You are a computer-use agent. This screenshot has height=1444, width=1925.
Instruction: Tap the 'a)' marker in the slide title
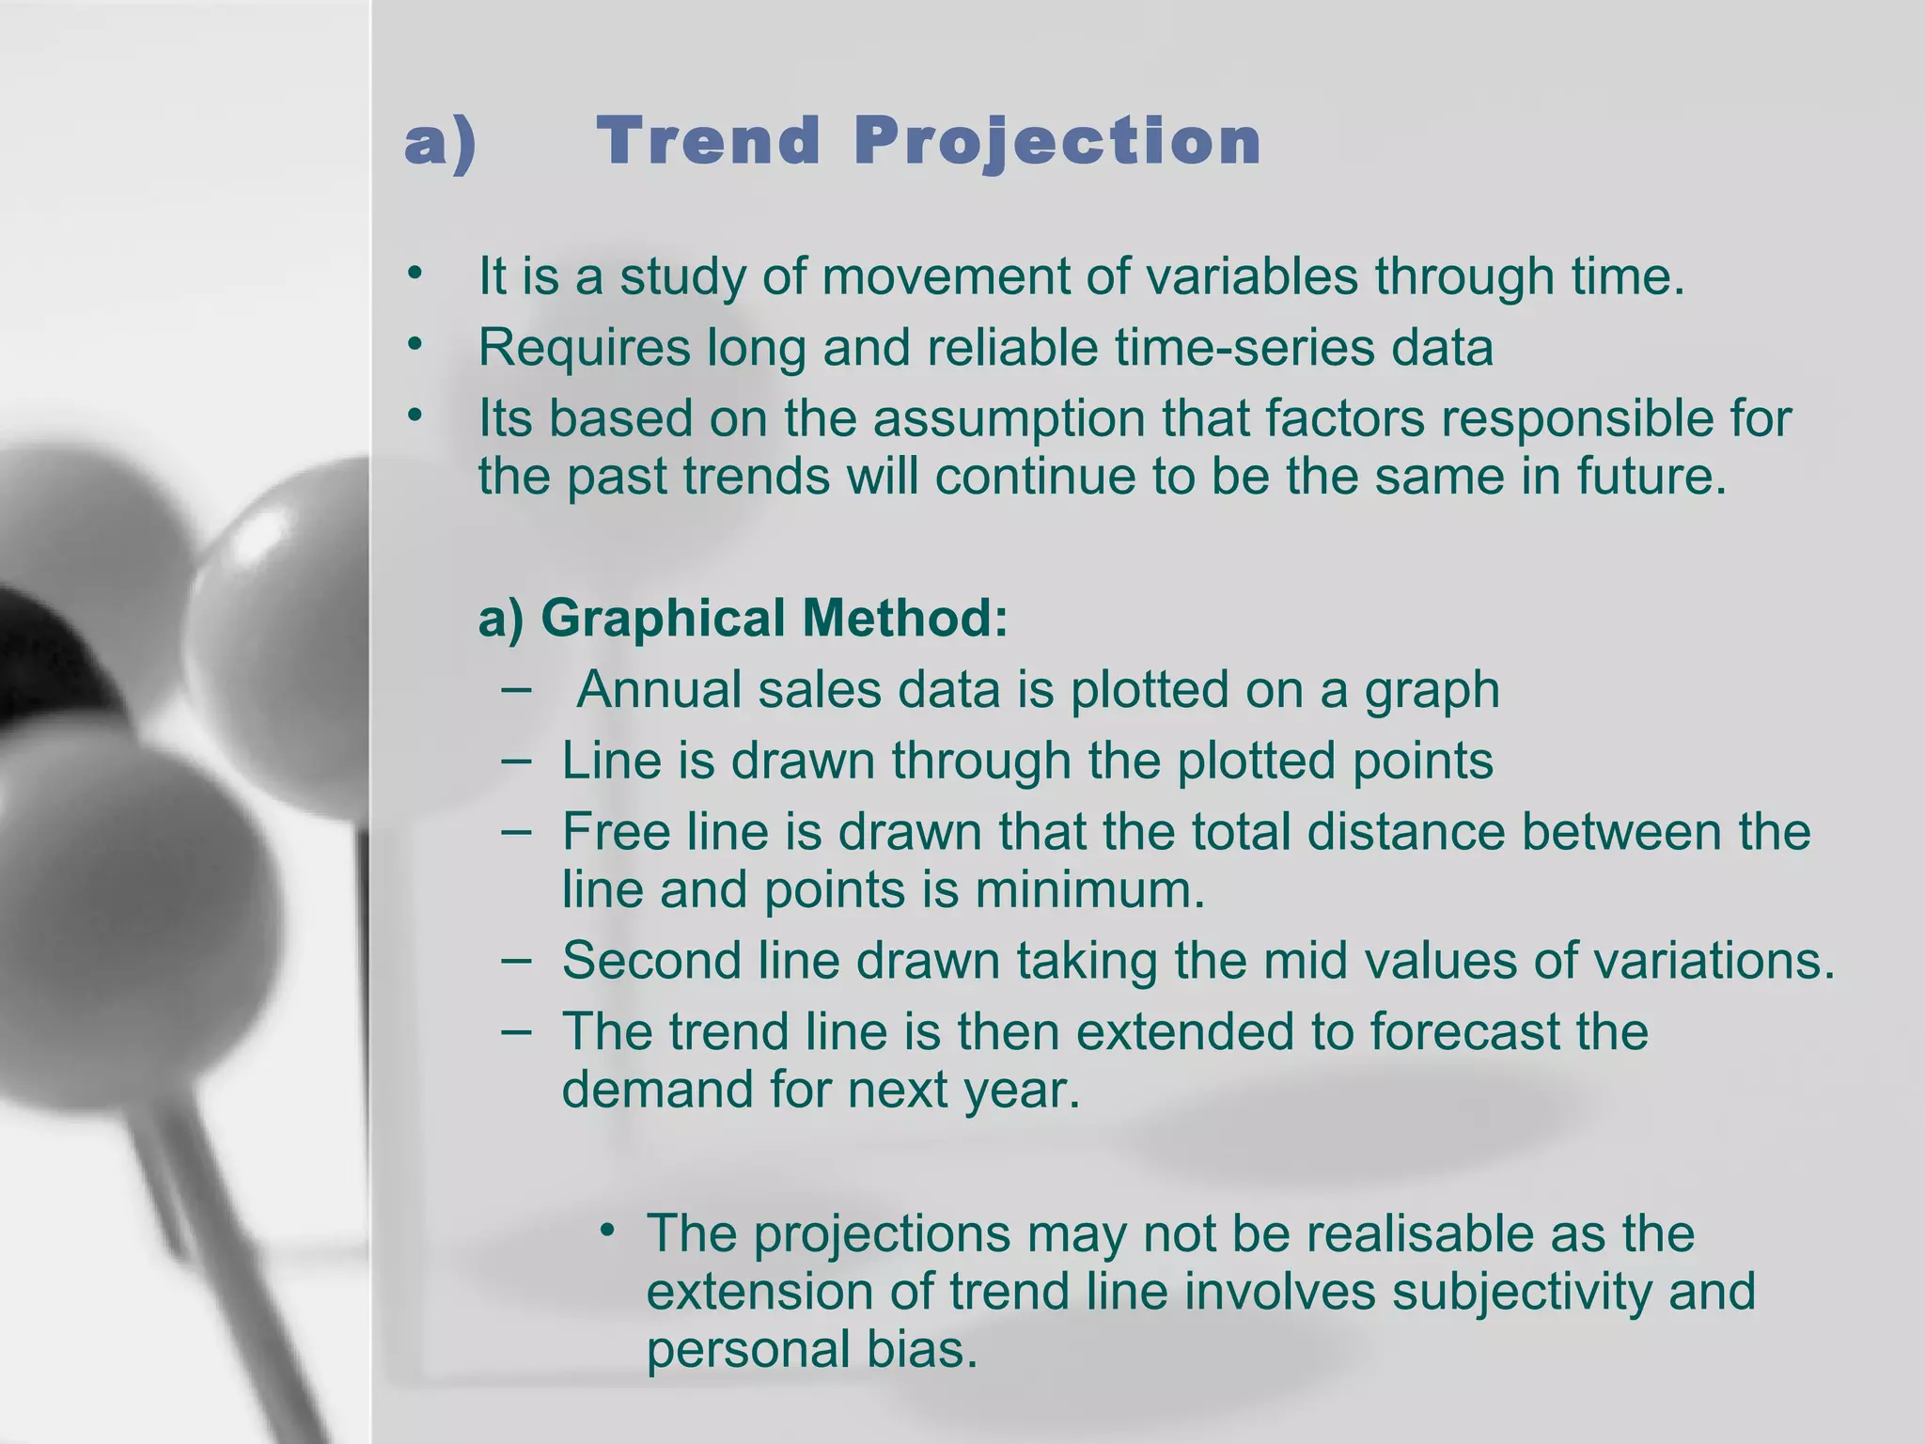[441, 141]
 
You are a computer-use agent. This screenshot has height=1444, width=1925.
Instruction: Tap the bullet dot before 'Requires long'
[415, 345]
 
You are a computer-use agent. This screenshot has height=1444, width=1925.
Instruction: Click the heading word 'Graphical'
[663, 619]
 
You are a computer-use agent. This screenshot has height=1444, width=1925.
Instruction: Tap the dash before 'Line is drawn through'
[516, 759]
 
